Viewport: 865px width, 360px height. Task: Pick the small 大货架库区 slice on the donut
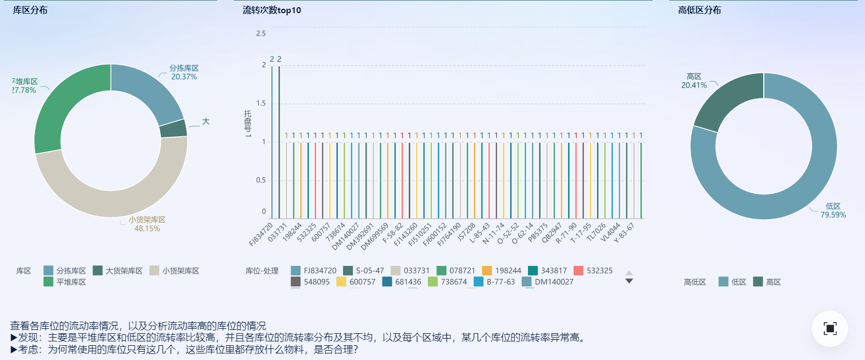coord(173,128)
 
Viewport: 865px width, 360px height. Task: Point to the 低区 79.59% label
coord(833,211)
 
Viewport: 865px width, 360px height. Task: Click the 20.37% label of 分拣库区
coord(184,77)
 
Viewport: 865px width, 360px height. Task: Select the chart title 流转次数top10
coord(272,10)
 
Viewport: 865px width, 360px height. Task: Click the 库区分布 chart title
coord(30,10)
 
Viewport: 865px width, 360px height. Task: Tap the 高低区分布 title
coord(699,10)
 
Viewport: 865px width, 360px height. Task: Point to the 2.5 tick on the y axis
coord(261,33)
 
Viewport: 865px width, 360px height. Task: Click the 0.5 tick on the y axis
coord(261,180)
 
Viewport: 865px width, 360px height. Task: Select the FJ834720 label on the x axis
coord(261,234)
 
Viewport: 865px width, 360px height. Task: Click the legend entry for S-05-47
coord(364,270)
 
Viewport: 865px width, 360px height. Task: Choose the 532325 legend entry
coord(593,270)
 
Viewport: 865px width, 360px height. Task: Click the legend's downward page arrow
coord(629,281)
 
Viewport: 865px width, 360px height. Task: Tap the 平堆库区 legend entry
coord(65,282)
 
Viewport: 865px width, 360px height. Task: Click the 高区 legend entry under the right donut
coord(767,282)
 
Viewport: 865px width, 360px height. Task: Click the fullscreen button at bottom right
coord(830,328)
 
